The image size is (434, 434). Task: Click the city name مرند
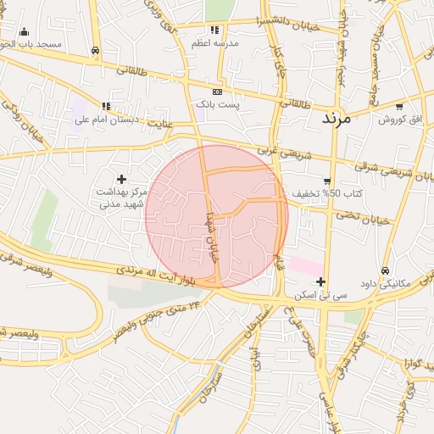[342, 119]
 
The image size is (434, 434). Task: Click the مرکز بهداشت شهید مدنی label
[123, 198]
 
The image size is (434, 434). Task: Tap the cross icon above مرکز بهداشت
[122, 179]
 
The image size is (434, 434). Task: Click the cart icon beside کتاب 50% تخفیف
[327, 181]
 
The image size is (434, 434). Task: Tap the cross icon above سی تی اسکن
[320, 281]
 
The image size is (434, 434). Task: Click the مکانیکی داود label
[385, 284]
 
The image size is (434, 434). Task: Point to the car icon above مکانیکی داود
[386, 270]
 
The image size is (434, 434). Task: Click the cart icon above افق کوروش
[399, 107]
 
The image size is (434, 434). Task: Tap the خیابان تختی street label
[368, 217]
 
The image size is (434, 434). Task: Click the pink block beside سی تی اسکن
[305, 265]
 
